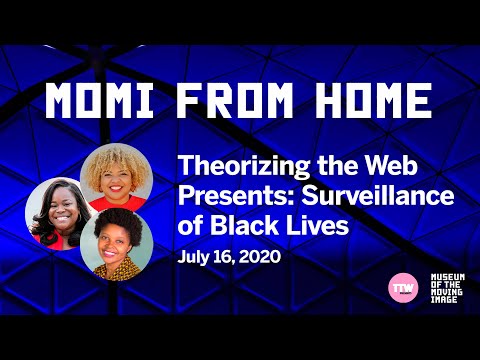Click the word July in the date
point(196,257)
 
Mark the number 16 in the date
point(225,257)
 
